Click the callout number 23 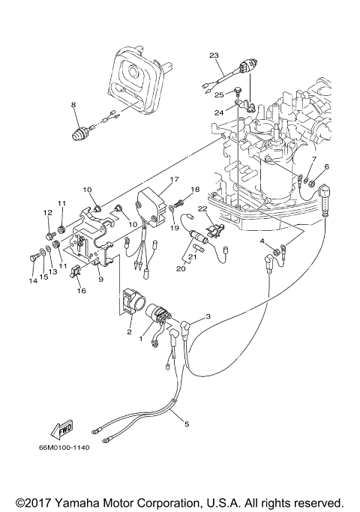click(x=214, y=56)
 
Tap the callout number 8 click(x=73, y=105)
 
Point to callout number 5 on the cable click(x=187, y=424)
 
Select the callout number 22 click(x=202, y=209)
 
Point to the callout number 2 click(x=129, y=331)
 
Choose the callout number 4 click(x=262, y=241)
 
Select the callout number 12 click(x=46, y=214)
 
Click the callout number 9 click(x=100, y=280)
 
